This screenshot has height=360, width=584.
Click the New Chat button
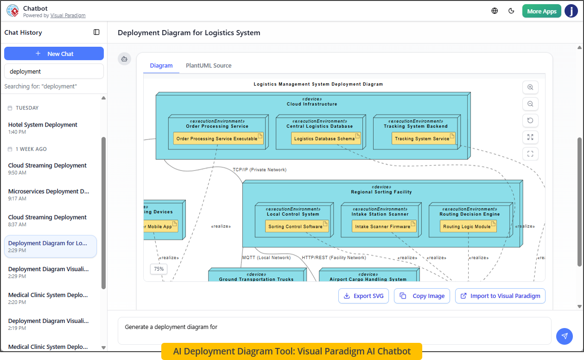pyautogui.click(x=54, y=54)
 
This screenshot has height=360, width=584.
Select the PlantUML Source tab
pyautogui.click(x=209, y=66)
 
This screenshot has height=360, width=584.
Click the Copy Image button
pyautogui.click(x=422, y=296)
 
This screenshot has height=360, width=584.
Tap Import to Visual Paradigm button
pyautogui.click(x=500, y=296)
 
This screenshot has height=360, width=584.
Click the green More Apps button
pyautogui.click(x=541, y=11)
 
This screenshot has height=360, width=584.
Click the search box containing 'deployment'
pyautogui.click(x=54, y=71)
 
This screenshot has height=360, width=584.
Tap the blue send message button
pyautogui.click(x=564, y=336)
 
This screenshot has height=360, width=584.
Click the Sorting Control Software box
pyautogui.click(x=297, y=227)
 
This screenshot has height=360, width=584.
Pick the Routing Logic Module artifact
pyautogui.click(x=468, y=227)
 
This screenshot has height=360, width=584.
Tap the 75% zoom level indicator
pyautogui.click(x=159, y=269)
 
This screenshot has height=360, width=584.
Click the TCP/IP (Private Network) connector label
pyautogui.click(x=260, y=170)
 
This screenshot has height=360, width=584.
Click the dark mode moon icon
pyautogui.click(x=512, y=11)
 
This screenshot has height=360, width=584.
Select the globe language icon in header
pyautogui.click(x=495, y=11)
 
